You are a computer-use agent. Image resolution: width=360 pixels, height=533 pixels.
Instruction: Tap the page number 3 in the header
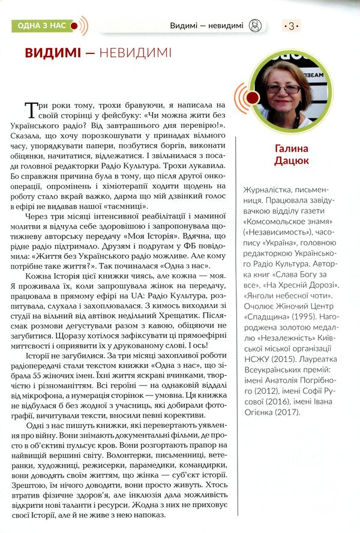(291, 26)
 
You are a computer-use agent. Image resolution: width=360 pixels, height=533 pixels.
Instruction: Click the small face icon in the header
(256, 26)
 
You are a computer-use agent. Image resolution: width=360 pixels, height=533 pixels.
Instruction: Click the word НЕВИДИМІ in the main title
(131, 53)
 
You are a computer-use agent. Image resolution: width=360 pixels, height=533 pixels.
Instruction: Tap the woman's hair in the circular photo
(281, 68)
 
